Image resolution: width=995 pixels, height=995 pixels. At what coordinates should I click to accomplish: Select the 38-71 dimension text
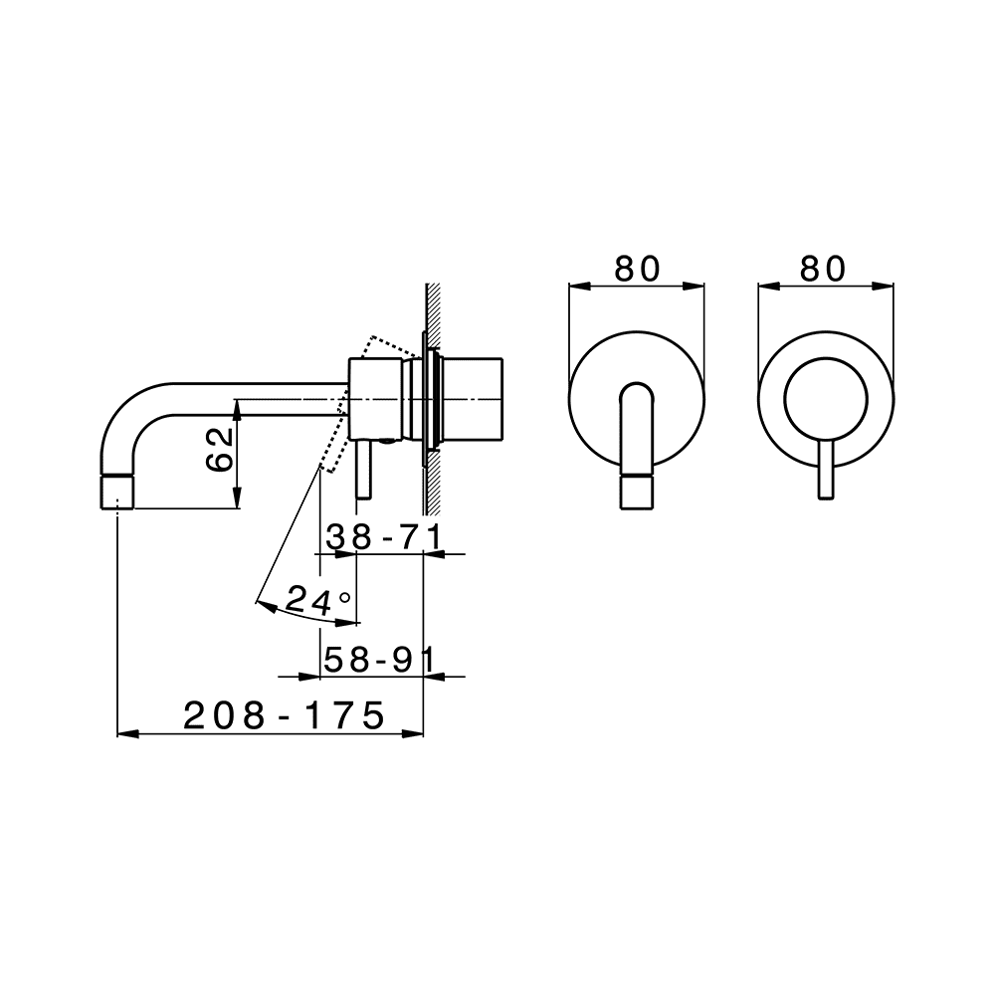coord(384,538)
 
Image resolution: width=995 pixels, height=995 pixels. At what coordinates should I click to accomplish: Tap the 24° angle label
coord(318,600)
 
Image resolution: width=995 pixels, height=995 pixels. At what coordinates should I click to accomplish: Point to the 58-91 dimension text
coord(379,660)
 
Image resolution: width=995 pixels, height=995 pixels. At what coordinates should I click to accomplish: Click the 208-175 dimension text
coord(285,716)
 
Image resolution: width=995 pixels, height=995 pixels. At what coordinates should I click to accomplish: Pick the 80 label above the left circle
coord(638,269)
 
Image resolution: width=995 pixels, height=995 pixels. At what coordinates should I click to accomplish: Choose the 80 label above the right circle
coord(823,269)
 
